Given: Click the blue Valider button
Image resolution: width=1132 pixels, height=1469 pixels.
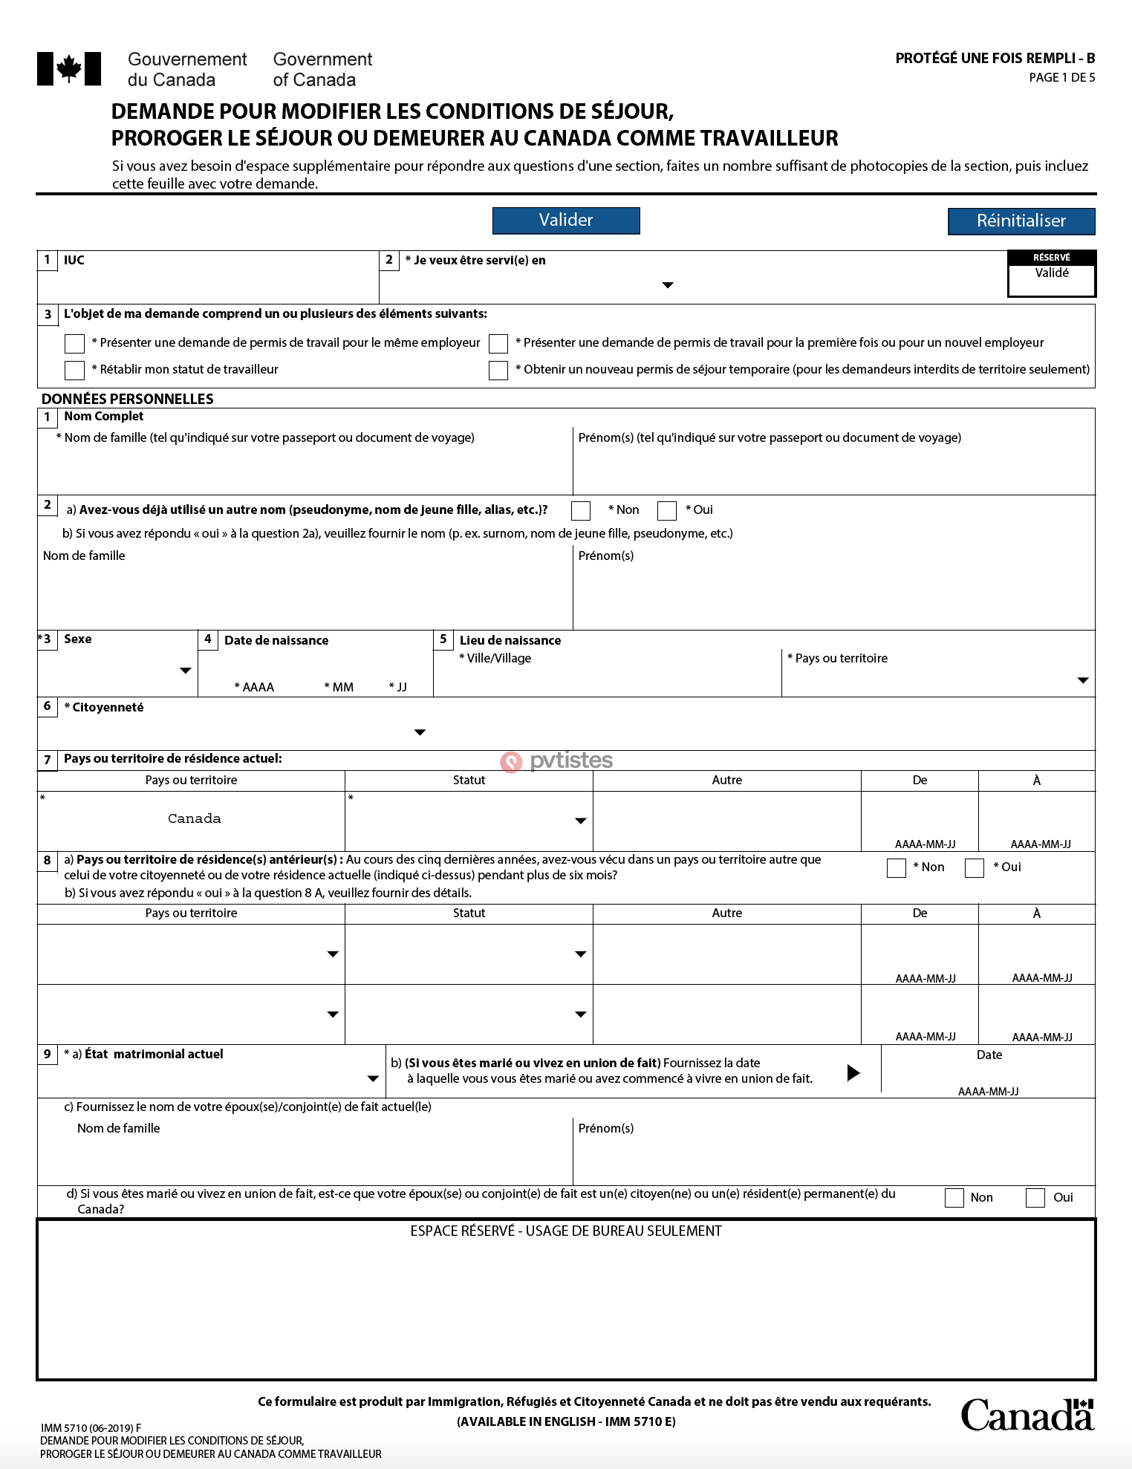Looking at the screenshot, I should point(566,221).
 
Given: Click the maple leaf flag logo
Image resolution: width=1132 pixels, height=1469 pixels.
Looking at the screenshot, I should point(69,69).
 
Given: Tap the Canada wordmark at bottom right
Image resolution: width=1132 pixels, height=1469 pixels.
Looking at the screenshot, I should point(1027,1415).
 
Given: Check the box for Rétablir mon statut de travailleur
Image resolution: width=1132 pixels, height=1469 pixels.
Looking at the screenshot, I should point(75,370).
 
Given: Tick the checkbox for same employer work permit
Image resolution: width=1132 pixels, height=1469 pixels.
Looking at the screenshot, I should point(75,343).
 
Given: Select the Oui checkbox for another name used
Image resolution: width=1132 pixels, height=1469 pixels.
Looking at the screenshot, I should point(667,510).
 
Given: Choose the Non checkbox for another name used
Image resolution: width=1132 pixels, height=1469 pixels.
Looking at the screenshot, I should point(581,510).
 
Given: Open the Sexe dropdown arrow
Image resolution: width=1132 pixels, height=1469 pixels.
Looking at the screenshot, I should point(186,671).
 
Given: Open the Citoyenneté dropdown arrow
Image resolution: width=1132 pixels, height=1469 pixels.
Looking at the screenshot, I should point(420,732).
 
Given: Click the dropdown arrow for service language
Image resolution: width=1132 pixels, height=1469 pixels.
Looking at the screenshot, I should point(668,285).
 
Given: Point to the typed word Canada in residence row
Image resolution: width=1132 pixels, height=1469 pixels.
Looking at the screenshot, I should point(194,818).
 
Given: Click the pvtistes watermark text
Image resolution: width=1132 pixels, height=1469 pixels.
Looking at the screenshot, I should point(570,760).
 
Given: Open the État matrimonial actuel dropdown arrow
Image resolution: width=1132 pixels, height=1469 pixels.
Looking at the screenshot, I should point(373,1078).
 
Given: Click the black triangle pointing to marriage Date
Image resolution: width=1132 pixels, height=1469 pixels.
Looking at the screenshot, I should point(853,1072).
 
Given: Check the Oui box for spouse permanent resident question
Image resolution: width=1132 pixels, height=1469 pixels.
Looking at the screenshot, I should point(1035,1197).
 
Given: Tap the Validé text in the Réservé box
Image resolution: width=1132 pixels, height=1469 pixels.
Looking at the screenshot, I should point(1052,273).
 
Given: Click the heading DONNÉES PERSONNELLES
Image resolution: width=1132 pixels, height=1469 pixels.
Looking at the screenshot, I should point(128,399).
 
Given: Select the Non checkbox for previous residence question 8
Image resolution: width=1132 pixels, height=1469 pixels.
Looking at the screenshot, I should point(897,867).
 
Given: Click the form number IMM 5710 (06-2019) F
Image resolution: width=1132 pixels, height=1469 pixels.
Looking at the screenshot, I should point(91,1427).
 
